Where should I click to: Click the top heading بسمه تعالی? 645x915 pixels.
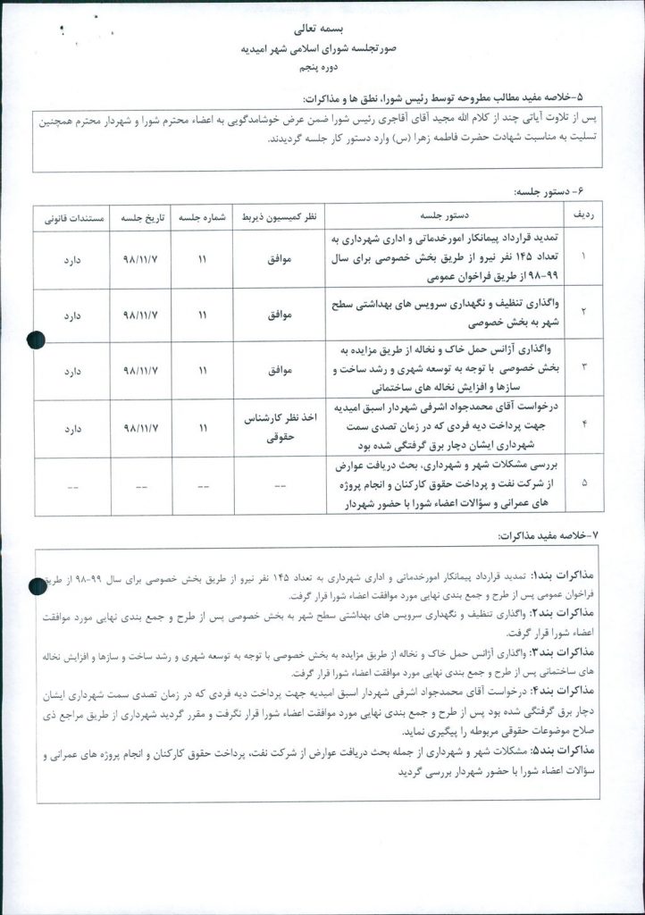[322, 30]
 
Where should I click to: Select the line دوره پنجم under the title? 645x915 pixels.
[322, 68]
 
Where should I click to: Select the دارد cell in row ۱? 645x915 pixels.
[71, 260]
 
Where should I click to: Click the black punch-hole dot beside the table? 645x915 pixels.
[37, 340]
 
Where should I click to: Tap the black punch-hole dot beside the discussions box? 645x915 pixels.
[37, 585]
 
